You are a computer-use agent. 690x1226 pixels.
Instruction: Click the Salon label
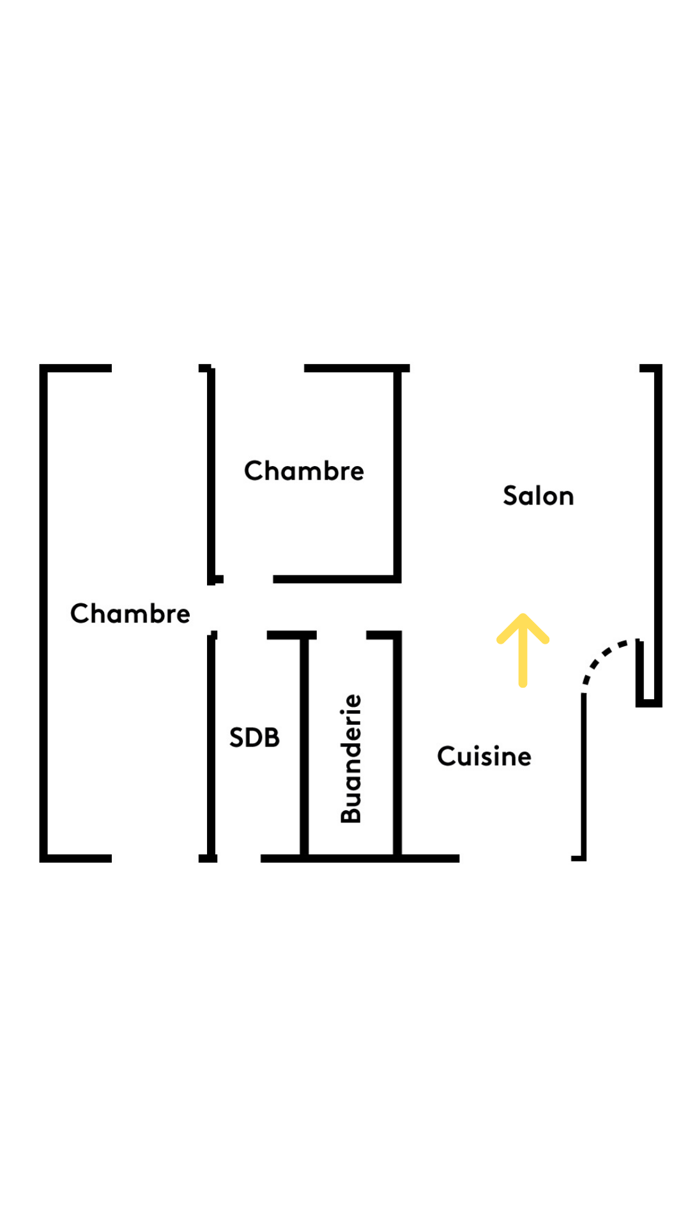[x=538, y=496]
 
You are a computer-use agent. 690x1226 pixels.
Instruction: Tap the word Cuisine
[x=484, y=757]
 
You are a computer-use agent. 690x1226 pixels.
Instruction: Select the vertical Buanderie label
[x=351, y=759]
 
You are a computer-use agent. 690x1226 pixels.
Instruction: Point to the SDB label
[x=254, y=738]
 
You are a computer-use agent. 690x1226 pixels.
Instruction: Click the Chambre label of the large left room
[x=130, y=614]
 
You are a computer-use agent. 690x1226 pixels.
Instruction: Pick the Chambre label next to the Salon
[x=303, y=471]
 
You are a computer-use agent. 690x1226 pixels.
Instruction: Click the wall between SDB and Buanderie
[x=305, y=747]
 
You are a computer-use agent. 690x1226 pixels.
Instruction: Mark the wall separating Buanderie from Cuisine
[x=397, y=747]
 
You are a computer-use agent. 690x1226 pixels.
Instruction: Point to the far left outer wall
[x=43, y=613]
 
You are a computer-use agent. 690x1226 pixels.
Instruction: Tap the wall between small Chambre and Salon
[x=397, y=476]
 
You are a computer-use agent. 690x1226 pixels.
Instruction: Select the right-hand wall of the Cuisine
[x=583, y=776]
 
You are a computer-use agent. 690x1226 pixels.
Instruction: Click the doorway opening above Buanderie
[x=341, y=635]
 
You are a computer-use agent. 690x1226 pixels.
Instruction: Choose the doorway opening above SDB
[x=241, y=635]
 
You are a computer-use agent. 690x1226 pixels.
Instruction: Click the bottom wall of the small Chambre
[x=335, y=579]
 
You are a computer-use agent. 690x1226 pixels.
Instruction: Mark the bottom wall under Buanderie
[x=351, y=858]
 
